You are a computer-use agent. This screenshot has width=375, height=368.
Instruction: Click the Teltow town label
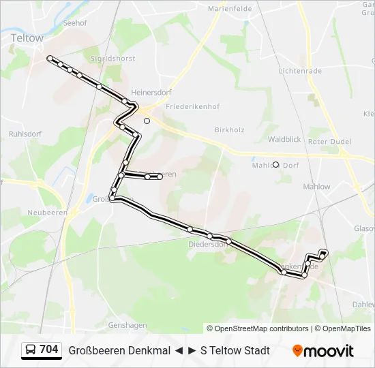coord(27,39)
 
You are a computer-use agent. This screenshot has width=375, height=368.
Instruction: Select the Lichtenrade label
coord(299,70)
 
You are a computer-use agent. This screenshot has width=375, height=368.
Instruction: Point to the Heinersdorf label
coord(151,92)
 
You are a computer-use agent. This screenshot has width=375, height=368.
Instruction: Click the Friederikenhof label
coord(181,107)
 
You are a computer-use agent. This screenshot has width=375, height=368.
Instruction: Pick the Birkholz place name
coord(229,129)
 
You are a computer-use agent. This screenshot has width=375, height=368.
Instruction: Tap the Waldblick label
coord(284,139)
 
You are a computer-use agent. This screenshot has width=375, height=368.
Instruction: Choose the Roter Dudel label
coord(329,141)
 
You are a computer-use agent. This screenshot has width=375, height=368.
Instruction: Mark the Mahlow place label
coord(316,187)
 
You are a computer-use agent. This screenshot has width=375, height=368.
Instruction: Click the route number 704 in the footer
coord(48,350)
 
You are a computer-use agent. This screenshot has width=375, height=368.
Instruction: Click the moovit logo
coord(323,351)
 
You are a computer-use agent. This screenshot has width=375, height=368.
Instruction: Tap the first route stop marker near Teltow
coord(50,59)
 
